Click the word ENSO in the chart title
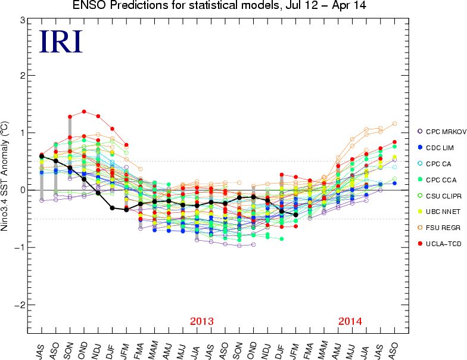86,6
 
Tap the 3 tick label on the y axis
21,20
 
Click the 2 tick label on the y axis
21,76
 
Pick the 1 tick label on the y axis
21,132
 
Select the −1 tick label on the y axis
20,247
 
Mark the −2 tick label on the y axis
20,305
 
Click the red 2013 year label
202,322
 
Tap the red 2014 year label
350,322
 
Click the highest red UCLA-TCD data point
84,111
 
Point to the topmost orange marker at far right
394,124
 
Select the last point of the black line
296,215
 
